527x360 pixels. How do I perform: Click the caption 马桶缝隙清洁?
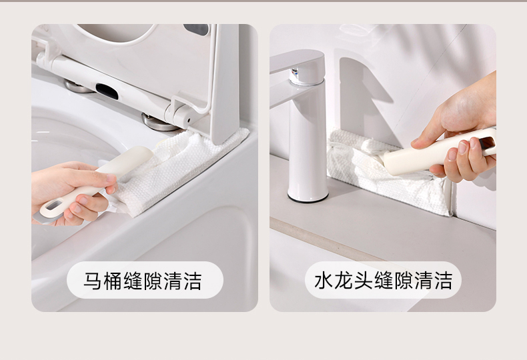(x=143, y=281)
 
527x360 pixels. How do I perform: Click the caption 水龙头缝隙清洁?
(x=383, y=281)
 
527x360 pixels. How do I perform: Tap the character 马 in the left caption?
(x=93, y=281)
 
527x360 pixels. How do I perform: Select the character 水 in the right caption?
(x=324, y=281)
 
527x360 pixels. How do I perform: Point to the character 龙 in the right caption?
(x=343, y=281)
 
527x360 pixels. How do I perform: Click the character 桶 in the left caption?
(x=112, y=281)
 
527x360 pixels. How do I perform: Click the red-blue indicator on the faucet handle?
(x=295, y=72)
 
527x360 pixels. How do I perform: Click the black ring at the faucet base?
(x=308, y=199)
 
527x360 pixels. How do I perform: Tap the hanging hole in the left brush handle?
(x=54, y=205)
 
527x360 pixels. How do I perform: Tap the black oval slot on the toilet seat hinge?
(x=107, y=91)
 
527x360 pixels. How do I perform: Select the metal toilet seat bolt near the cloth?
(x=158, y=123)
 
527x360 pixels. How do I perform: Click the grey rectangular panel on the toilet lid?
(x=196, y=29)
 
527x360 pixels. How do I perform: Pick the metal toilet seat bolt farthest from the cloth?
(x=77, y=87)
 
